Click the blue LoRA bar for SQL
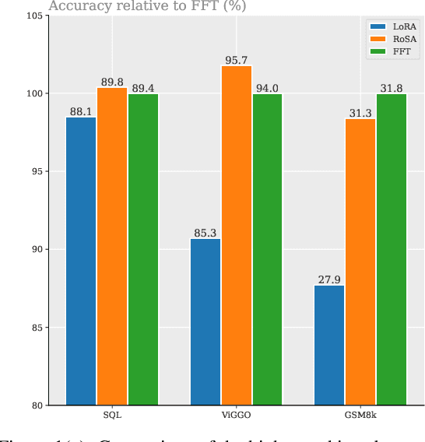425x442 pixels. [x=81, y=261]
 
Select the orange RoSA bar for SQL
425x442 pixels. [x=112, y=246]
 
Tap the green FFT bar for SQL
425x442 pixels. [x=143, y=249]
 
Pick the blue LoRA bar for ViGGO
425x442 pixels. [x=205, y=321]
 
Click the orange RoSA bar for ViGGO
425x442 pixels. [x=236, y=235]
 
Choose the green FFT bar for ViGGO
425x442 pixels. [x=267, y=249]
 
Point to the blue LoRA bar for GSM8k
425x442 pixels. [x=329, y=345]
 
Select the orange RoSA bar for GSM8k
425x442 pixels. [x=360, y=261]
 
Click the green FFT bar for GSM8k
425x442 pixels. [x=392, y=249]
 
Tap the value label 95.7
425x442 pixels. [x=236, y=59]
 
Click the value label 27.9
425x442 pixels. [x=329, y=279]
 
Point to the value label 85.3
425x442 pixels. [x=205, y=232]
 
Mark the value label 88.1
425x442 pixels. [x=81, y=110]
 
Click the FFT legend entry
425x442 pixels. [x=393, y=52]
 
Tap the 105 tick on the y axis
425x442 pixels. [x=33, y=16]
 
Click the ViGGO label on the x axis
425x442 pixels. [x=236, y=417]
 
